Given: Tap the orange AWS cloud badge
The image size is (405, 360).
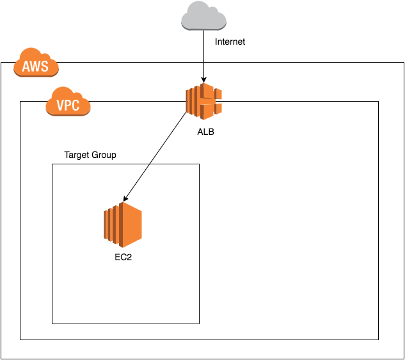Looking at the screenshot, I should [x=36, y=65].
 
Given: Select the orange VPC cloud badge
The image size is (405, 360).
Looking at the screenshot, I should [x=68, y=104].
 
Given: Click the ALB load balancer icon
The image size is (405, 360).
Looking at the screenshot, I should [x=203, y=101].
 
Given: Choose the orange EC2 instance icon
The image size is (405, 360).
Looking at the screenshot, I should [x=122, y=224].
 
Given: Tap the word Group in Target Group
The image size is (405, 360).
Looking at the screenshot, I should [x=105, y=155].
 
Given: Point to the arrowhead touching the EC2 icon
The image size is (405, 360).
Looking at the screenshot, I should [x=125, y=201].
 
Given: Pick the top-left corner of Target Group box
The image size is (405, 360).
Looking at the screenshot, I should [x=52, y=164].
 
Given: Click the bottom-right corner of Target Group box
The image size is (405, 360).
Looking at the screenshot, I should [x=199, y=324].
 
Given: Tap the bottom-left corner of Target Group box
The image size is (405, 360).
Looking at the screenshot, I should [x=52, y=324].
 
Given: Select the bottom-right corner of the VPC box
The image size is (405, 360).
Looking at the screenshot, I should [x=378, y=340].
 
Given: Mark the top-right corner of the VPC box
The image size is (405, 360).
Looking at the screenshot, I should [x=378, y=101].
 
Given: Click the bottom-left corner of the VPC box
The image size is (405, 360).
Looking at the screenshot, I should [x=20, y=340].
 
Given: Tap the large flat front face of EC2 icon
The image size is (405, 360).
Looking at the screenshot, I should [x=132, y=224].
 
